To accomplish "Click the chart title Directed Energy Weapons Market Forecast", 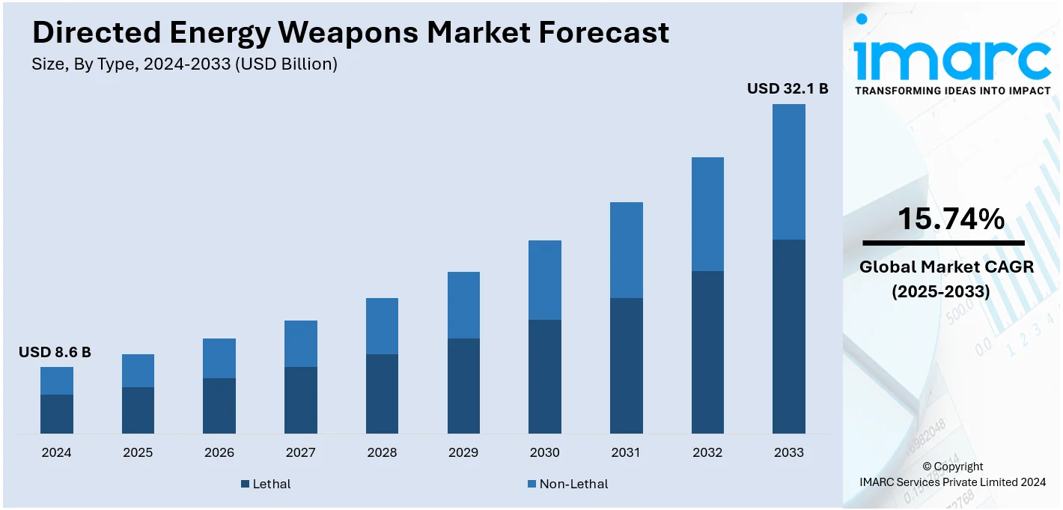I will [350, 33].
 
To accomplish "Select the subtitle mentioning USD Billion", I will [184, 64].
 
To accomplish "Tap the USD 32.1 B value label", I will [788, 88].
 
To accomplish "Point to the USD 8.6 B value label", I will [55, 352].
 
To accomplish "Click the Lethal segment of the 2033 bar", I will [788, 336].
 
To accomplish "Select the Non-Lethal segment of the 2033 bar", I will [788, 171].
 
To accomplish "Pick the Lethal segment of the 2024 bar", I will [57, 413].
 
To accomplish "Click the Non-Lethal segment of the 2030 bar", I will [544, 280].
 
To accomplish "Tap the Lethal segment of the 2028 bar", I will [382, 393].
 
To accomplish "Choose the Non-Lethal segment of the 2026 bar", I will [219, 358].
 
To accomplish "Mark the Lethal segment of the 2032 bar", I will [707, 352].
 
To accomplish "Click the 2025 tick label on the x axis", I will [138, 452].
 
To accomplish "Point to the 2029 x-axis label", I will [463, 452].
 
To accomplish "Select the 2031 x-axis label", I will [626, 452].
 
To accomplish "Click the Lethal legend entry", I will [266, 484].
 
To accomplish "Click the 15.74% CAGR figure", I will [951, 219].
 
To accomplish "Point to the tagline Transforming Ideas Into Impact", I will [951, 91].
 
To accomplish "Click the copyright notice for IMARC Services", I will [953, 475].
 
